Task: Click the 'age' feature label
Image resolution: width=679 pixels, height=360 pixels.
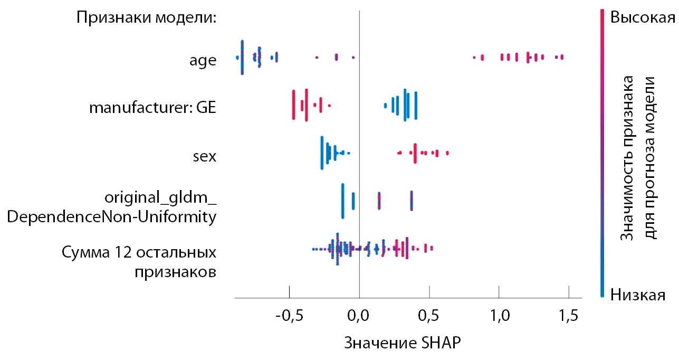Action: (203, 60)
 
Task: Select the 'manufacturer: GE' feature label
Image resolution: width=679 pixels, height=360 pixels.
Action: (153, 108)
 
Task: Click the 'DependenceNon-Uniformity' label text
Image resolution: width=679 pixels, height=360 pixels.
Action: (112, 216)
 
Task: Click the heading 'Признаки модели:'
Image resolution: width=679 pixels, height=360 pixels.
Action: (147, 17)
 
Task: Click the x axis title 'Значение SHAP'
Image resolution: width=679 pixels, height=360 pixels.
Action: (403, 343)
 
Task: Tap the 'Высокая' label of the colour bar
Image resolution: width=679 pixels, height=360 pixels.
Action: (642, 17)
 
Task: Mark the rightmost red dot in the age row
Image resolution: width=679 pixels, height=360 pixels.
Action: (562, 56)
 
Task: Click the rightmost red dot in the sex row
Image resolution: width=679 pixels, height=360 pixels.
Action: (447, 153)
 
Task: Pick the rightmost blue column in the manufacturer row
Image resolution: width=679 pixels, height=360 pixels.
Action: (416, 106)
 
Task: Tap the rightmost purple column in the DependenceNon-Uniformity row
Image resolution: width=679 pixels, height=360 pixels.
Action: (412, 201)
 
